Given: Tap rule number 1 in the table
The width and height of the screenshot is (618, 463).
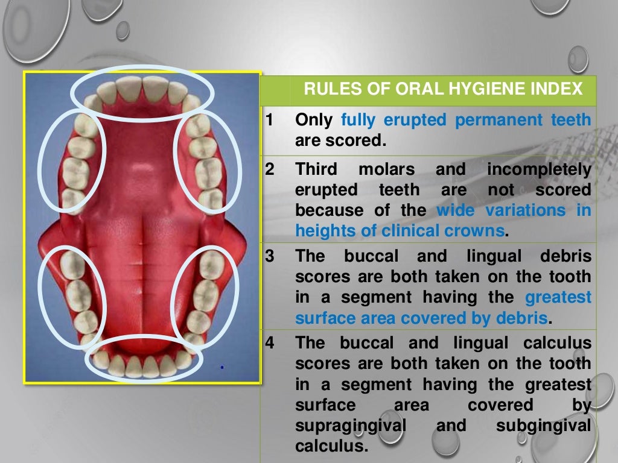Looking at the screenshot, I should [x=269, y=121].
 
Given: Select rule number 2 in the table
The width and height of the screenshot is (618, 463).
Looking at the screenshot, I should [x=269, y=170].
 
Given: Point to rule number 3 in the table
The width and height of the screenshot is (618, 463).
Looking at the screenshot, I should [x=269, y=256].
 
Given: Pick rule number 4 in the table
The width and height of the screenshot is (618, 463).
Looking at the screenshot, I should [x=269, y=343].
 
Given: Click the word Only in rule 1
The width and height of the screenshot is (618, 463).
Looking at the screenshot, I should [x=313, y=121].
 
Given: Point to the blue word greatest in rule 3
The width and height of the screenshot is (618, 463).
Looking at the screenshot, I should [x=558, y=297].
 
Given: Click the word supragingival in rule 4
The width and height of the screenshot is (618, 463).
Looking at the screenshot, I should [x=349, y=426].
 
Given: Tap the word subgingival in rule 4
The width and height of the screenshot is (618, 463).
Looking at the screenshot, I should [x=543, y=426].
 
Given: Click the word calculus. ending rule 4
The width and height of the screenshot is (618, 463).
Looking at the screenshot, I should [x=331, y=446].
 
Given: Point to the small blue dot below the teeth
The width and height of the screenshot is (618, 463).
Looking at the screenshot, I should [x=222, y=366].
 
